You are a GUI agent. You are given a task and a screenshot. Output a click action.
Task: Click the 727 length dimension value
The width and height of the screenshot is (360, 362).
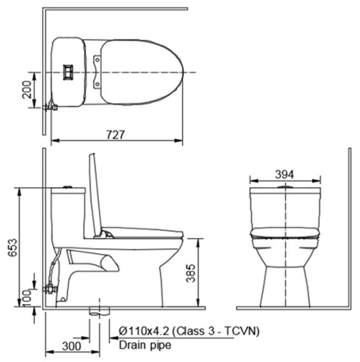click(x=115, y=134)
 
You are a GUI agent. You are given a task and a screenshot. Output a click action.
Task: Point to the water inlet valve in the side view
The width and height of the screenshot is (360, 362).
click(x=50, y=288)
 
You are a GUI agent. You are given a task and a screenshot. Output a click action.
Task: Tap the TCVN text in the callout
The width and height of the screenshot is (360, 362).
click(x=242, y=331)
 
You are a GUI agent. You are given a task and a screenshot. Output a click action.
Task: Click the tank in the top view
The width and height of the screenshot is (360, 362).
click(x=70, y=72)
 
